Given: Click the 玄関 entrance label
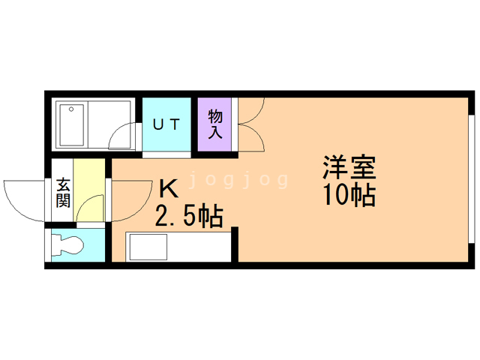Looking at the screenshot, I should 62,192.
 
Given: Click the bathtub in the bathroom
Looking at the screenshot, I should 73,124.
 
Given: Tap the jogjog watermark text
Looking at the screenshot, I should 237,180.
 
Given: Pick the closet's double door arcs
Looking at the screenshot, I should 249,124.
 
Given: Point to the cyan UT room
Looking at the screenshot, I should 166,135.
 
